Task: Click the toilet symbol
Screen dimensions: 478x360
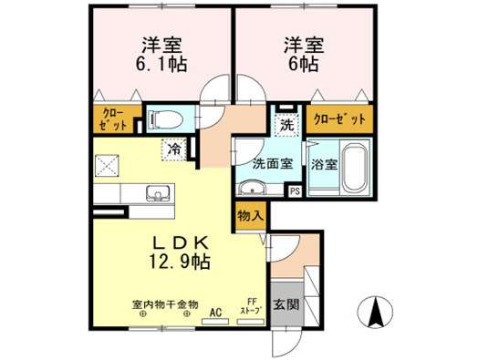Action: pos(165,119)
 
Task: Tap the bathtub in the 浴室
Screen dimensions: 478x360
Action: pos(355,167)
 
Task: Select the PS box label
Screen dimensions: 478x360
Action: pos(295,191)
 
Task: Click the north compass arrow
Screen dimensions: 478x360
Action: pos(375,312)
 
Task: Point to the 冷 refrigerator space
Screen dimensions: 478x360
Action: pos(174,149)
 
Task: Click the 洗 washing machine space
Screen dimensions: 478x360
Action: pos(286,125)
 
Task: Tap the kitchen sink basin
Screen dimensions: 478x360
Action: pos(158,193)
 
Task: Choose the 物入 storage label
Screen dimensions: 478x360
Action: pos(250,216)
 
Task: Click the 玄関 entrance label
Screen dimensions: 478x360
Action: pos(286,304)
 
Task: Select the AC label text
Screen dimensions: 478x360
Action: pos(215,313)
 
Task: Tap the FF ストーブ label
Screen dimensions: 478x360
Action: pos(252,306)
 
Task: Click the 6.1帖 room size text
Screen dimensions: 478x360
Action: pos(161,65)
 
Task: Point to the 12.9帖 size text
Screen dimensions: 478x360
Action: pos(180,262)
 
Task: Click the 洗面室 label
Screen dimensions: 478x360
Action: pos(273,164)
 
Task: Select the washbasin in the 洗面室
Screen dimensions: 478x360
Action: pos(252,188)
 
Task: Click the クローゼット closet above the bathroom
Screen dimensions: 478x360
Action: pos(339,119)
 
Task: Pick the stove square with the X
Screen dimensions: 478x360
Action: pos(107,166)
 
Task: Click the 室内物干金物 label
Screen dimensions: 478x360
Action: pos(165,304)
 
